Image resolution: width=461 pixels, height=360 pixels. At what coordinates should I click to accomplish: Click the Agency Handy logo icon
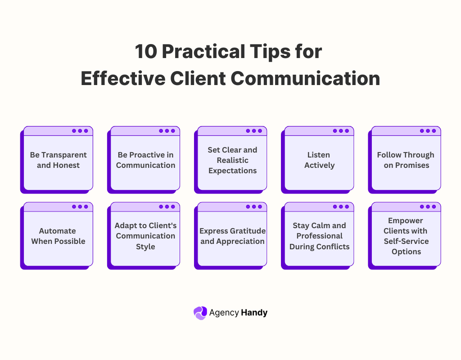coord(200,313)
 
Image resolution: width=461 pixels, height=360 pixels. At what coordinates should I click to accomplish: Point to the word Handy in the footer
coord(254,312)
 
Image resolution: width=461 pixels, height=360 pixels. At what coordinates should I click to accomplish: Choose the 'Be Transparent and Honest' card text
coord(58,160)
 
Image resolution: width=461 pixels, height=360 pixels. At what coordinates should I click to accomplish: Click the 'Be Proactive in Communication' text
coord(145,160)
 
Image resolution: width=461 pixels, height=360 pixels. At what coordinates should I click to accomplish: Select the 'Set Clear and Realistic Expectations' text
coord(232,160)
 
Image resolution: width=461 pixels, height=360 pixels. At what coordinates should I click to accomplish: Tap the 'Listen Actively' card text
coord(319,160)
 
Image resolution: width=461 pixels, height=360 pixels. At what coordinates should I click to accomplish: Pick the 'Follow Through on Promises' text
coord(406,160)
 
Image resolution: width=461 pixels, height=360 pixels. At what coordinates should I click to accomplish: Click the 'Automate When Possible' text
coord(58,236)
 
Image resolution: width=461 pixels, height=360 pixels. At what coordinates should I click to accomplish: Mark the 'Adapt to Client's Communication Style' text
coord(145,236)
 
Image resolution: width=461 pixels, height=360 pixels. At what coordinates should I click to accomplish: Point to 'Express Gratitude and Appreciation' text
coord(232,236)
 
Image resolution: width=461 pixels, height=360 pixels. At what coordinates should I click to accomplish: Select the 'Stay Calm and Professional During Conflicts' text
coord(319,236)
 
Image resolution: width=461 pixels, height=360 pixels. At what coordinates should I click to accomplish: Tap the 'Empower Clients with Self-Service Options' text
coord(406,236)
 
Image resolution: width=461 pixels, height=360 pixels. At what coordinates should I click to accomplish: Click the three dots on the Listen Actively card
coord(341,131)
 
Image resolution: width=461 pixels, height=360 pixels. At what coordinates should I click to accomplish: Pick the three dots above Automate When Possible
coord(80,207)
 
